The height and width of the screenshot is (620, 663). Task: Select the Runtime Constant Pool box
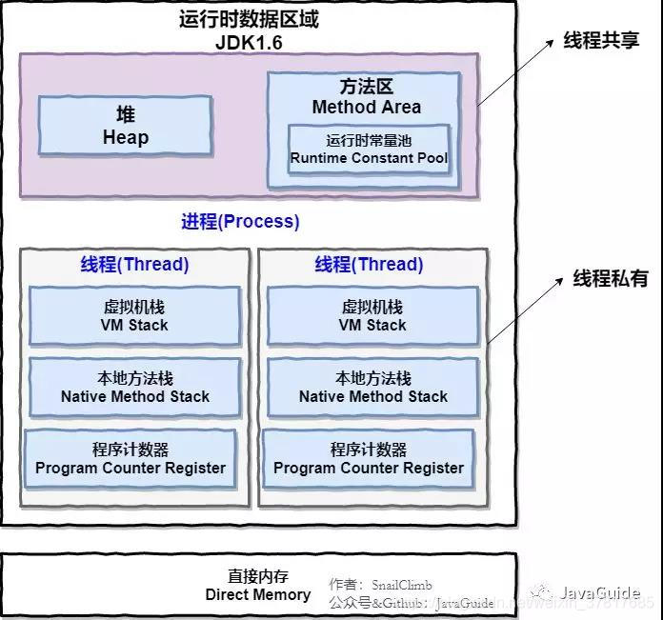click(x=369, y=149)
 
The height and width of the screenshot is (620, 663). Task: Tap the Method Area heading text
click(x=367, y=107)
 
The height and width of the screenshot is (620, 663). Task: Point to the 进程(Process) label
click(x=240, y=222)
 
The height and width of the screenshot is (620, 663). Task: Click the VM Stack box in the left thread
click(x=134, y=316)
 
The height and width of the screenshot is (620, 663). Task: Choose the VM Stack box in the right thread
click(x=372, y=316)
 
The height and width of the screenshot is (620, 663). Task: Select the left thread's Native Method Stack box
click(x=134, y=388)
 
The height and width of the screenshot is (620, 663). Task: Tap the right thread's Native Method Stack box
click(x=372, y=388)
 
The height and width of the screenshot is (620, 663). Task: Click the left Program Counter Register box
click(x=131, y=459)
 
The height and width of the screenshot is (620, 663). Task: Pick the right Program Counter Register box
click(x=369, y=459)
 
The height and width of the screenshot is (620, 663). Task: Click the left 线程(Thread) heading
click(x=134, y=265)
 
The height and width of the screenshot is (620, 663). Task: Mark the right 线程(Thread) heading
click(x=369, y=265)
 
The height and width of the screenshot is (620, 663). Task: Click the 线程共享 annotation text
click(x=600, y=42)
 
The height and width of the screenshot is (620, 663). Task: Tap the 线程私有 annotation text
click(x=610, y=279)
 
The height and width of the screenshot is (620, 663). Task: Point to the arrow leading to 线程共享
click(x=514, y=73)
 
